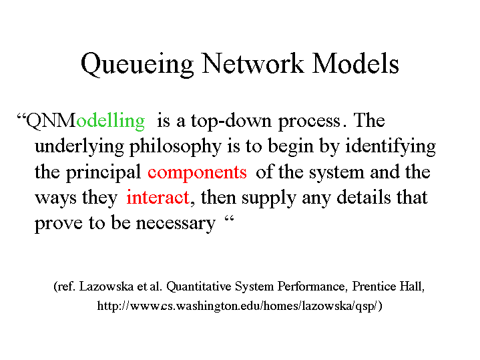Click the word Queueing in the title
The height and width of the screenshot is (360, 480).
pyautogui.click(x=137, y=64)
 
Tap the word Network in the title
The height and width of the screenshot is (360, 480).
pyautogui.click(x=253, y=63)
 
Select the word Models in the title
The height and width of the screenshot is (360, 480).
pyautogui.click(x=355, y=63)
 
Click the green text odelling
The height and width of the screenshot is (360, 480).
pyautogui.click(x=111, y=121)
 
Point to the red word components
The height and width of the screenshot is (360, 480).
pyautogui.click(x=197, y=173)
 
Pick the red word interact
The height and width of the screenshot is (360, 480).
pyautogui.click(x=158, y=197)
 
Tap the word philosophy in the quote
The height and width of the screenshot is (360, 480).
pyautogui.click(x=175, y=147)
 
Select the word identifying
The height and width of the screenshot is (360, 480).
pyautogui.click(x=391, y=147)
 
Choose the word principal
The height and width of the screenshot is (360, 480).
pyautogui.click(x=103, y=173)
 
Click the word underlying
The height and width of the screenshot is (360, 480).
pyautogui.click(x=79, y=147)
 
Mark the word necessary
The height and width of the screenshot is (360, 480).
pyautogui.click(x=176, y=224)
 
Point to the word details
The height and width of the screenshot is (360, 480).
pyautogui.click(x=364, y=197)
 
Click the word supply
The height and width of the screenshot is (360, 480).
pyautogui.click(x=269, y=198)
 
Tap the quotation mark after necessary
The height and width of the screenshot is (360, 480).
pyautogui.click(x=229, y=219)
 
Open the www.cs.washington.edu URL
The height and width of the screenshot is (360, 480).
pyautogui.click(x=240, y=306)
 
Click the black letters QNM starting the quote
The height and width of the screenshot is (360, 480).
pyautogui.click(x=51, y=121)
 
